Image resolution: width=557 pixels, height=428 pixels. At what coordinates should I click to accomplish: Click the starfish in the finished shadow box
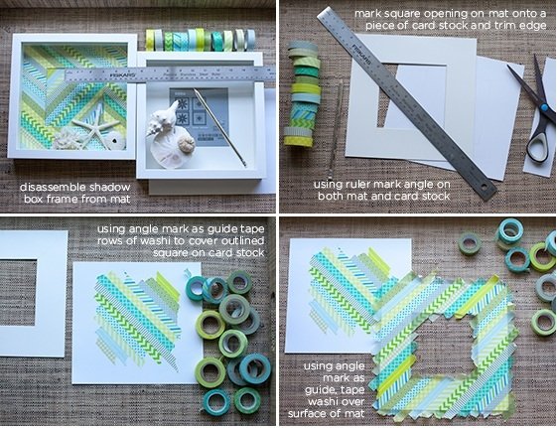95,129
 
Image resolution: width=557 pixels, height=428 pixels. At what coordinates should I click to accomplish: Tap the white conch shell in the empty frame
163,120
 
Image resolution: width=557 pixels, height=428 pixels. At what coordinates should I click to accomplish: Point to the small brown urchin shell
186,145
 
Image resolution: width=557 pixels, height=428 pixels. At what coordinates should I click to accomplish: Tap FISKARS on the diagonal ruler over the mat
360,52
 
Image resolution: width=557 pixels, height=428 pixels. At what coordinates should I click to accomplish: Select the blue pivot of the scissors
543,107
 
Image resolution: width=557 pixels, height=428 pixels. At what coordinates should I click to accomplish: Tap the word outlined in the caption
242,240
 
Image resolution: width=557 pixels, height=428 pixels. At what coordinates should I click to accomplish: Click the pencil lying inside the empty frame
220,128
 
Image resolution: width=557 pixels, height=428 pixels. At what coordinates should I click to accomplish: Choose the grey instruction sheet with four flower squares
199,117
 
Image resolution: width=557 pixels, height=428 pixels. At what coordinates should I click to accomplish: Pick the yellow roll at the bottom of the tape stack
304,141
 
